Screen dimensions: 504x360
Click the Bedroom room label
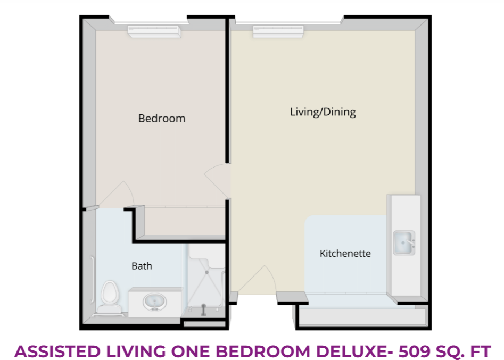pyautogui.click(x=162, y=119)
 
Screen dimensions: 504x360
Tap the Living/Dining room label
pyautogui.click(x=323, y=112)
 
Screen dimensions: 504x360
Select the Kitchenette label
pyautogui.click(x=345, y=253)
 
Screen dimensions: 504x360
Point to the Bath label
pyautogui.click(x=142, y=266)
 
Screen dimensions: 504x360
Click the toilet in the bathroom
pyautogui.click(x=110, y=298)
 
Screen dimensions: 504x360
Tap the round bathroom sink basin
pyautogui.click(x=155, y=302)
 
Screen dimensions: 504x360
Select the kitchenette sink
pyautogui.click(x=404, y=243)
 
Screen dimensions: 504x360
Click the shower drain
pyautogui.click(x=207, y=272)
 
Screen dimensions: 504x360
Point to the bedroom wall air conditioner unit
pyautogui.click(x=154, y=31)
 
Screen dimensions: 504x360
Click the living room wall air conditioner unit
pyautogui.click(x=278, y=31)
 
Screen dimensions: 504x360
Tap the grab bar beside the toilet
pyautogui.click(x=92, y=279)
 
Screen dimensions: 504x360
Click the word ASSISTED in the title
pyautogui.click(x=57, y=351)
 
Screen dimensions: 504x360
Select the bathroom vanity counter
pyautogui.click(x=155, y=302)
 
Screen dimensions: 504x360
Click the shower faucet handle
pyautogui.click(x=203, y=310)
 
